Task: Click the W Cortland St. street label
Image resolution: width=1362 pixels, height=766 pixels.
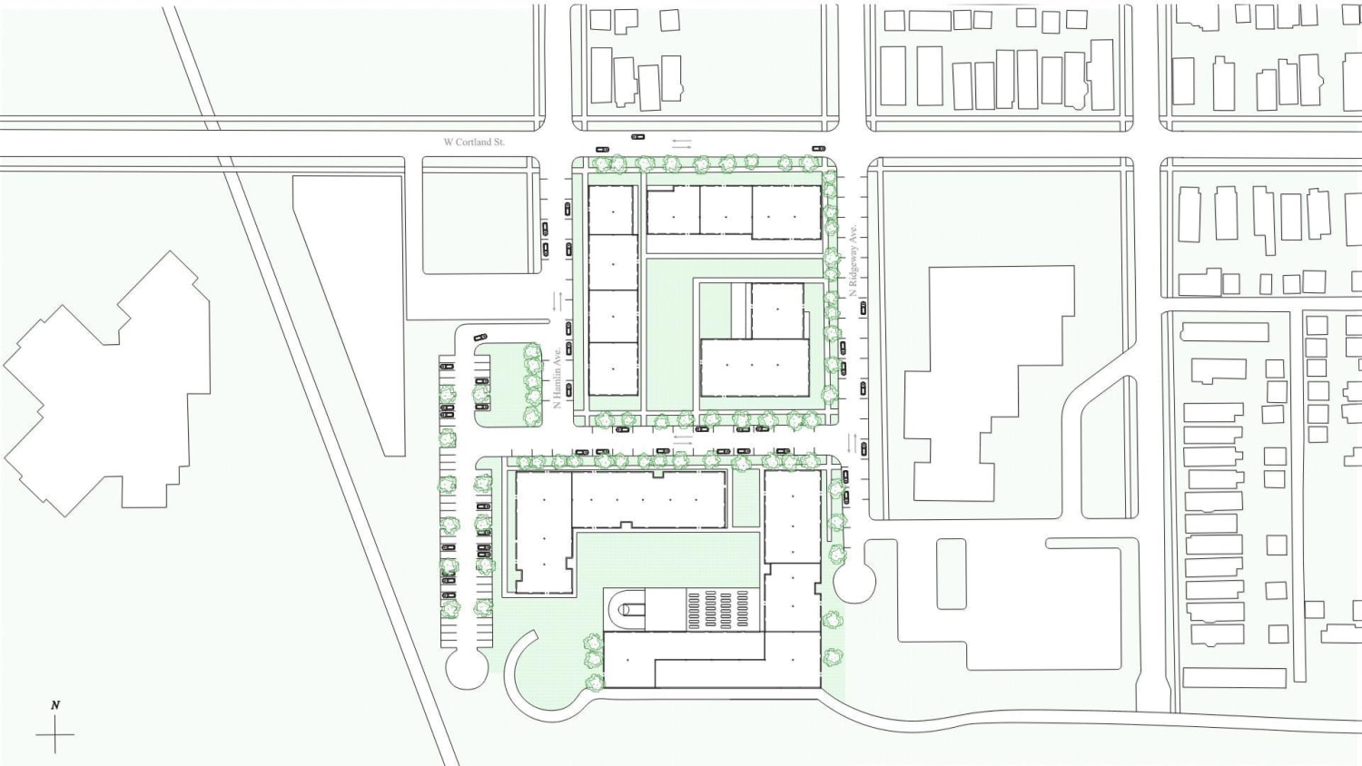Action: point(474,142)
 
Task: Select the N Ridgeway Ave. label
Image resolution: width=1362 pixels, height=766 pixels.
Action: point(854,260)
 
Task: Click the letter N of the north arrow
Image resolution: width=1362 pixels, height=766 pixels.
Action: point(55,705)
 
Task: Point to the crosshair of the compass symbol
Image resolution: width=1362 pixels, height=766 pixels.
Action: point(55,734)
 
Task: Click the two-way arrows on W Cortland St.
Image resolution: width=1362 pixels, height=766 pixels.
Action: point(682,143)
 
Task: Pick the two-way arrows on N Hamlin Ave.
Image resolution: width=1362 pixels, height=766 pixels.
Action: point(558,301)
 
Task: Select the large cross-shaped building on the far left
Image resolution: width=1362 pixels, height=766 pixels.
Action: point(107,384)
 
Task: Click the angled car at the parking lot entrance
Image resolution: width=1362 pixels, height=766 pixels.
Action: point(480,336)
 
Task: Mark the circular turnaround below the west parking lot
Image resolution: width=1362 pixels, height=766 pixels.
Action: point(467,668)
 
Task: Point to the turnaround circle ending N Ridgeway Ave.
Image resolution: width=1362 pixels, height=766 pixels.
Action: point(854,582)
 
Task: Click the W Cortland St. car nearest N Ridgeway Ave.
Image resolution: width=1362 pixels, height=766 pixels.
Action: point(818,148)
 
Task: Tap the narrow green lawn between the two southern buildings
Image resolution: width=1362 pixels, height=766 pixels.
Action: point(745,498)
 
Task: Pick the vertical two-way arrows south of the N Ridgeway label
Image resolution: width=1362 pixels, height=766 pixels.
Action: point(853,443)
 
